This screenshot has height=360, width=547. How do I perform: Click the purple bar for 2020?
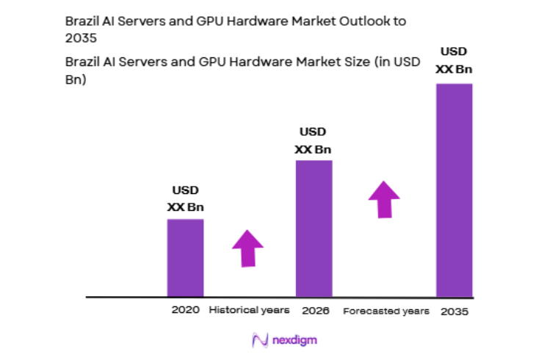click(185, 258)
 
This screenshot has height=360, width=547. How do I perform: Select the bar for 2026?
click(314, 228)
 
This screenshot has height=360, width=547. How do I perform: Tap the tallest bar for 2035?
click(454, 190)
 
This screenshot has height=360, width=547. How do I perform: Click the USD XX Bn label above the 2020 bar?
click(185, 199)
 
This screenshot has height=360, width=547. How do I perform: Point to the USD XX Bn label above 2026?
click(314, 140)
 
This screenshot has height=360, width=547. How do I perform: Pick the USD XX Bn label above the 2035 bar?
click(454, 61)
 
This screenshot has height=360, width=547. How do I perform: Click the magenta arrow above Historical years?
click(247, 248)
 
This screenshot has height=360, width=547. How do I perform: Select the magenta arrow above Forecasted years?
click(383, 198)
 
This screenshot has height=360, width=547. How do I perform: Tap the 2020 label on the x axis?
click(185, 310)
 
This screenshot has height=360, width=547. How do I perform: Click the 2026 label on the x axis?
click(314, 310)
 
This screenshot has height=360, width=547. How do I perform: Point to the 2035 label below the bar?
click(454, 312)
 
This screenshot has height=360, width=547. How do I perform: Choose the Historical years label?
click(249, 310)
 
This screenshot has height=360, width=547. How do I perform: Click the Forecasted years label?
click(385, 311)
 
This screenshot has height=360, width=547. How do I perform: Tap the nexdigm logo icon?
click(259, 340)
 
